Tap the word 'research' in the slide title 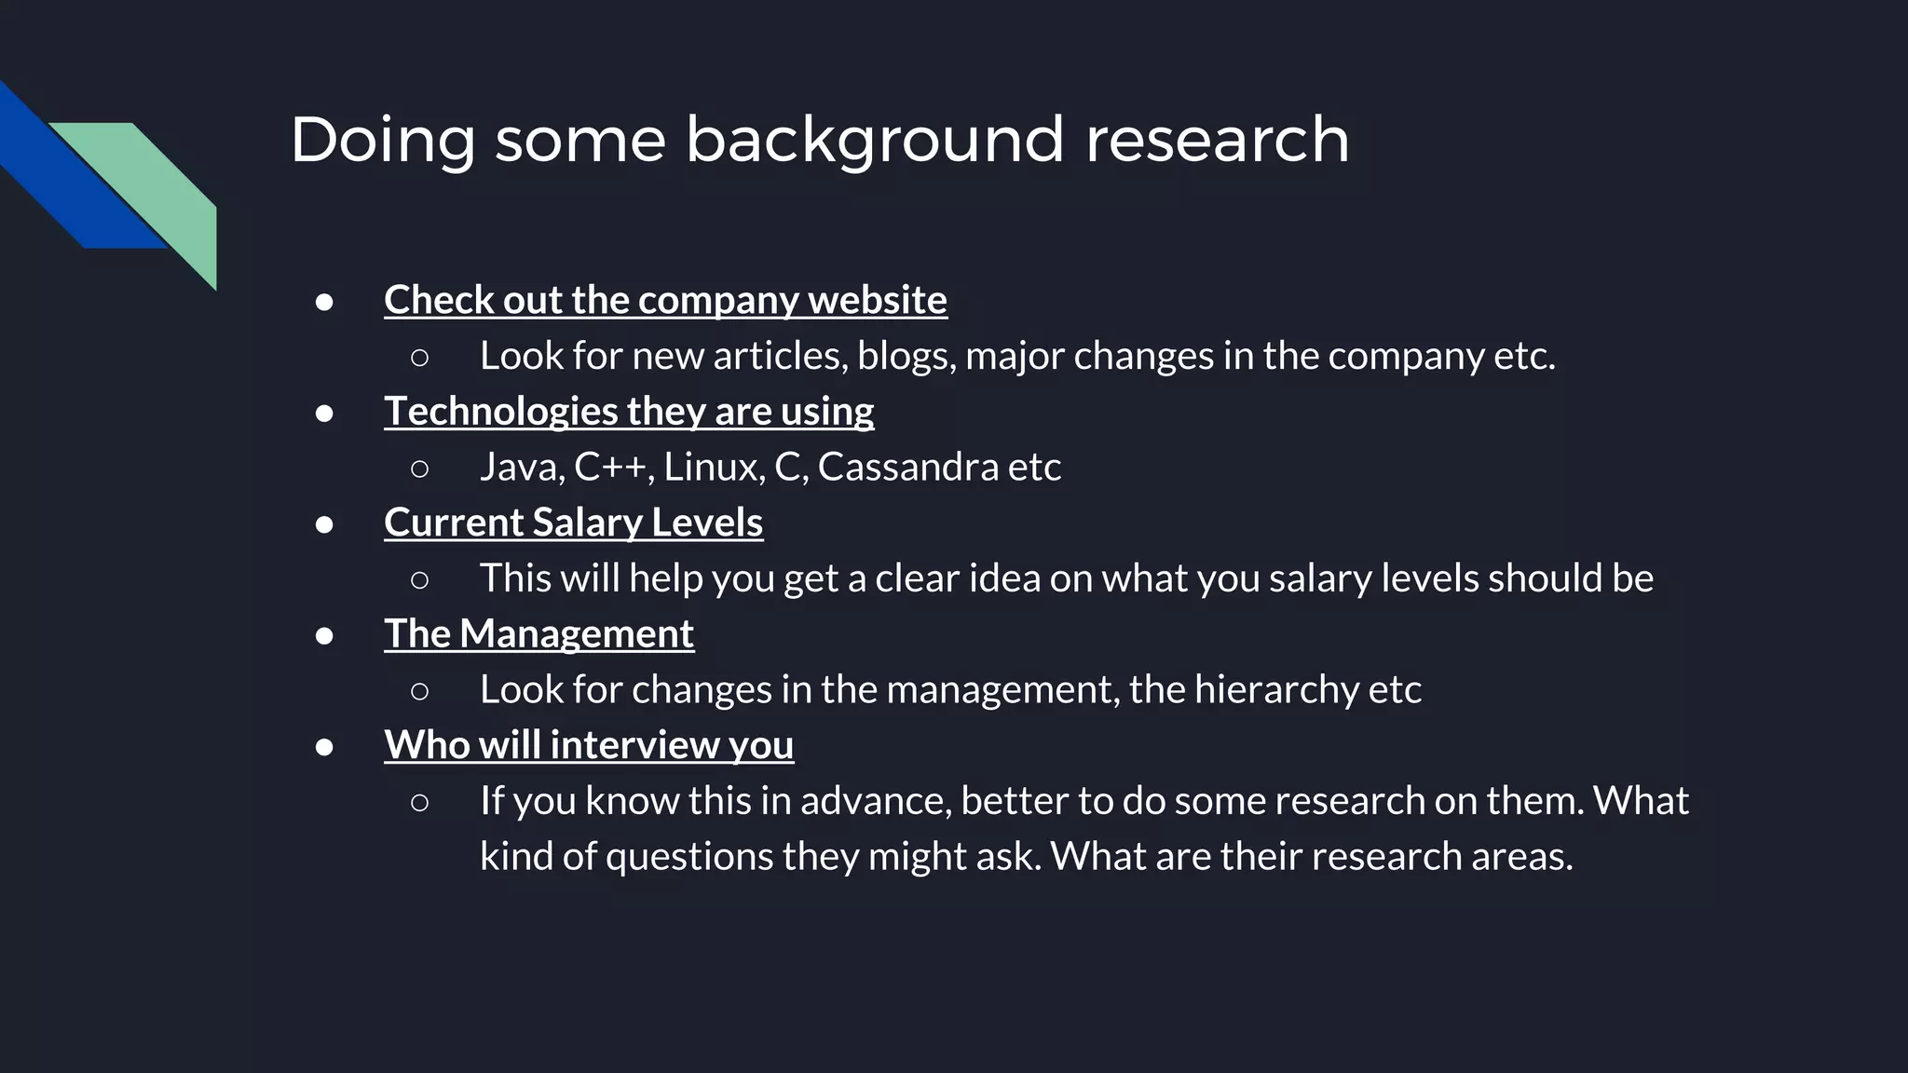pyautogui.click(x=1217, y=140)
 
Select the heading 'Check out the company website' pyautogui.click(x=665, y=300)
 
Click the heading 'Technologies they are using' pyautogui.click(x=629, y=412)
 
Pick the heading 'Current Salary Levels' pyautogui.click(x=573, y=523)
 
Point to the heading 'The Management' pyautogui.click(x=538, y=634)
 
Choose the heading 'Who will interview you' pyautogui.click(x=589, y=745)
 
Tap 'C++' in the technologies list pyautogui.click(x=610, y=467)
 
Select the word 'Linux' pyautogui.click(x=714, y=467)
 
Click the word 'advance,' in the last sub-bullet pyautogui.click(x=876, y=801)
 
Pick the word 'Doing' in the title pyautogui.click(x=383, y=140)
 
